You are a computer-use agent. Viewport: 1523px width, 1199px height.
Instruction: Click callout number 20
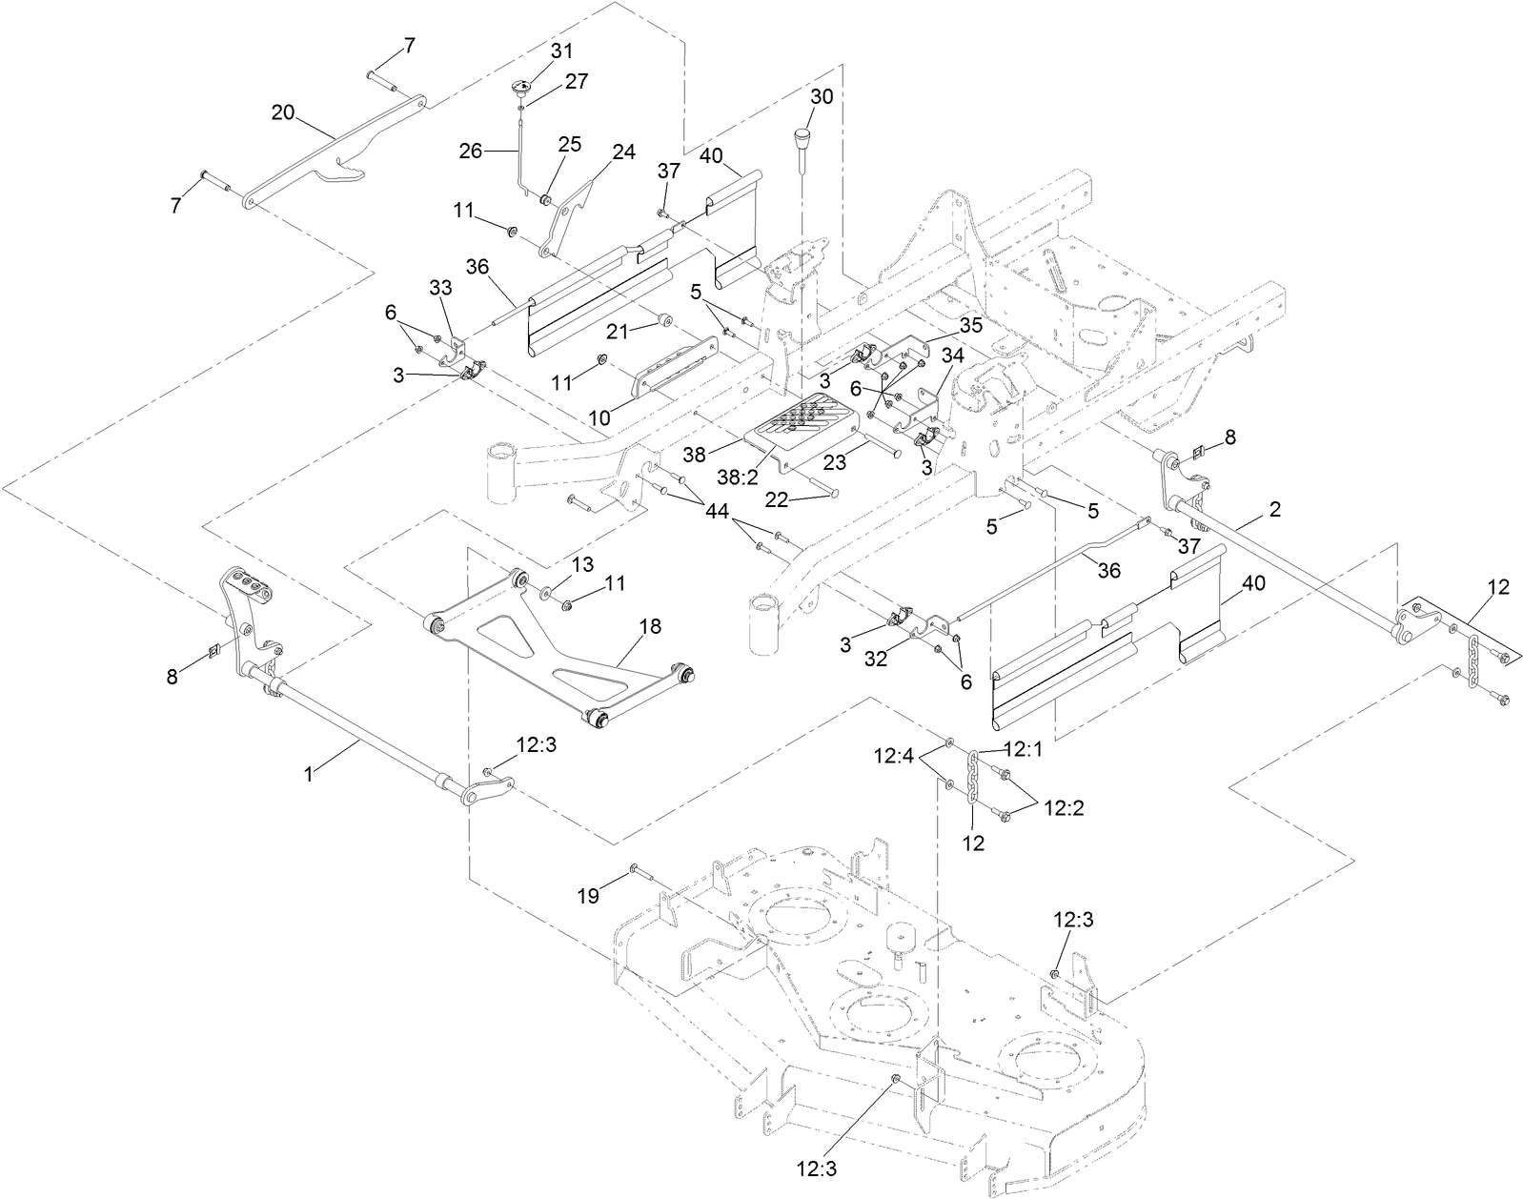282,112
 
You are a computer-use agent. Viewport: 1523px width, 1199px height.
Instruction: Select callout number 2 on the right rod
1274,510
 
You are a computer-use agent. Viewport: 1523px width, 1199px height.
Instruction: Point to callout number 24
622,152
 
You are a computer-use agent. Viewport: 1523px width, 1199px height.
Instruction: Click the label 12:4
894,758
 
